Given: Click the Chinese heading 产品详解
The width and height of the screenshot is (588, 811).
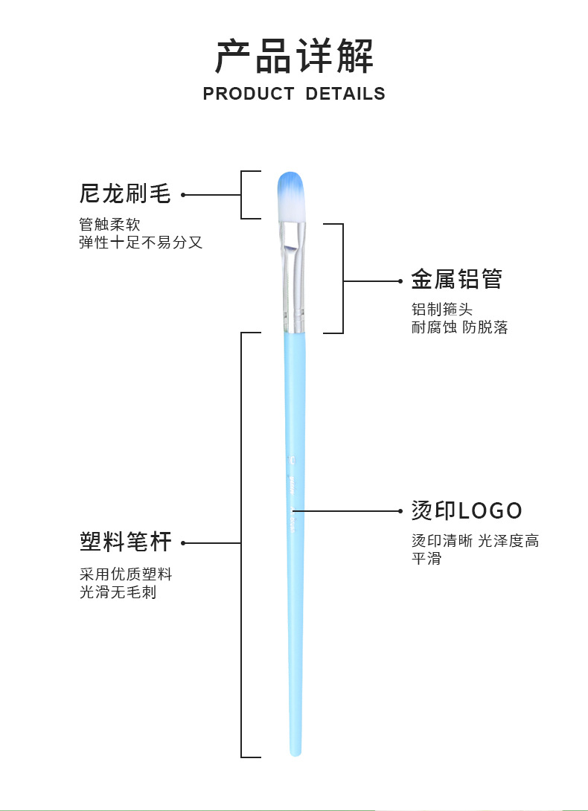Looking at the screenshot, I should [294, 56].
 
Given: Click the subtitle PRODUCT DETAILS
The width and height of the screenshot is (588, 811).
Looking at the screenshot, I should [294, 94].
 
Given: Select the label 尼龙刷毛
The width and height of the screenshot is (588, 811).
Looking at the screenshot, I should [125, 194].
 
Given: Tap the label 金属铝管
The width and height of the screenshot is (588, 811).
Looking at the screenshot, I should [456, 280].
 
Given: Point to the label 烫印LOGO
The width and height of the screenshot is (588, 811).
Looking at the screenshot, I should [467, 510].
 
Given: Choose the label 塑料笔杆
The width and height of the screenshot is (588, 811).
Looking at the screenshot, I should [125, 542].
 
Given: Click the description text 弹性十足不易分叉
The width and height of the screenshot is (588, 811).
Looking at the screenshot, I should [141, 242].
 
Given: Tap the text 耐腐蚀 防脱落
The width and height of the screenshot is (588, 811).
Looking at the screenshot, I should [459, 327].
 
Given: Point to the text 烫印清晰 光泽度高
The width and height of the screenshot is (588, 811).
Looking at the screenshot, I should [475, 541].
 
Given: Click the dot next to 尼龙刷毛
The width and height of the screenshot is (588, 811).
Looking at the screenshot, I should [183, 195].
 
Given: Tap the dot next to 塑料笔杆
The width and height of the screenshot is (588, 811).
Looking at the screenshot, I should [183, 543].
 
